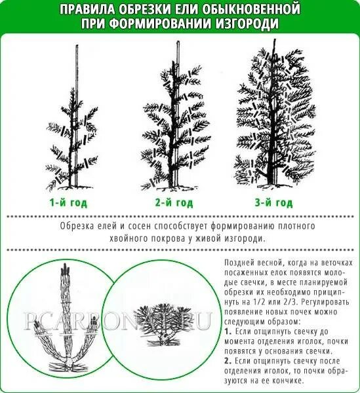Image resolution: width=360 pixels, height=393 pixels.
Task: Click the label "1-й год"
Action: [x=68, y=202]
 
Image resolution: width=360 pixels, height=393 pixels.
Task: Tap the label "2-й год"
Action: [x=174, y=202]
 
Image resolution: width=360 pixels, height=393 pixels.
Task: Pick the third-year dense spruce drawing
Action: [x=271, y=118]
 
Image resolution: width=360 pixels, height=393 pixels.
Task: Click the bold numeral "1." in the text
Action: [x=228, y=333]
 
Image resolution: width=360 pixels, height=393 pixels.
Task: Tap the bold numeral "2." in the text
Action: [x=228, y=360]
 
